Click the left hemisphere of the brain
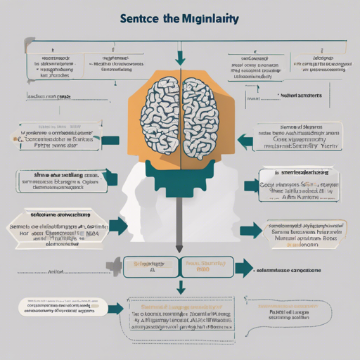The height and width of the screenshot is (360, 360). pyautogui.click(x=161, y=116)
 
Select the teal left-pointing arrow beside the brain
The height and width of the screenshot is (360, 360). pyautogui.click(x=245, y=140)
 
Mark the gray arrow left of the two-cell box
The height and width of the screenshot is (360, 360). pyautogui.click(x=112, y=265)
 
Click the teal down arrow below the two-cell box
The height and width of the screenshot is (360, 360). pyautogui.click(x=181, y=287)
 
